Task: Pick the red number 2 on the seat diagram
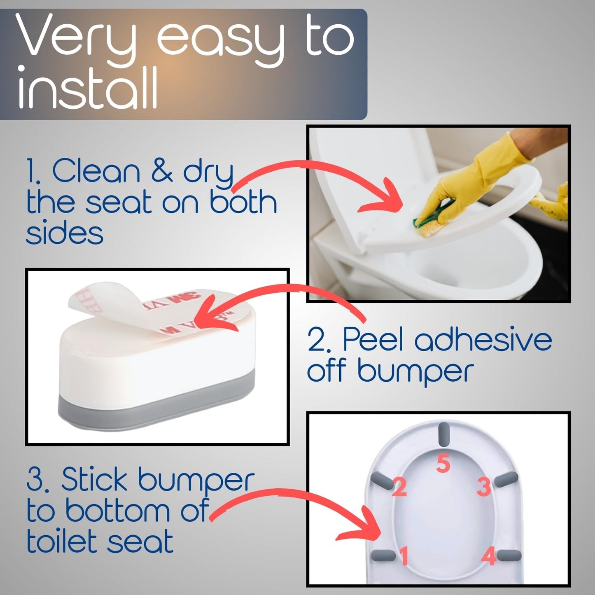coord(399,488)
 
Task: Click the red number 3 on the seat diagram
coord(484,487)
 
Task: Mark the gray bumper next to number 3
coord(506,480)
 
